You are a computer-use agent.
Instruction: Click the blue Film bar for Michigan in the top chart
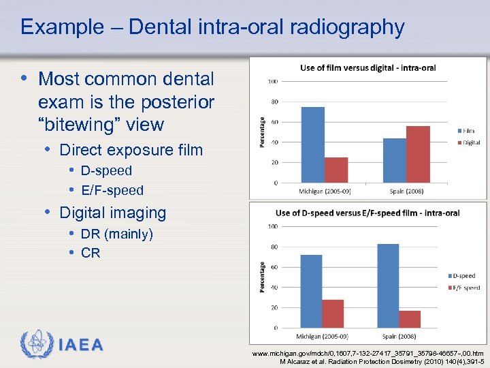313,144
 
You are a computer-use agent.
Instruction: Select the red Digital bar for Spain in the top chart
418,154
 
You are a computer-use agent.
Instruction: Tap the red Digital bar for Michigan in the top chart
336,170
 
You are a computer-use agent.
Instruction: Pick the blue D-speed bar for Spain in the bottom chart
387,286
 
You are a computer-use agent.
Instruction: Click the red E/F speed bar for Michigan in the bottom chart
333,313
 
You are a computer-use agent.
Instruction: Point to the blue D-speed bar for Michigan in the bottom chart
311,291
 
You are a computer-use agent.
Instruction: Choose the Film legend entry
468,131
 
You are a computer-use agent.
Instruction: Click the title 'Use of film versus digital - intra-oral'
367,67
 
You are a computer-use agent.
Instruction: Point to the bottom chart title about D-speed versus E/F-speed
367,213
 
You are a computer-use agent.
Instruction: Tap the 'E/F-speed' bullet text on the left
112,190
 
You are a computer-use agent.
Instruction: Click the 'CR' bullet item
91,253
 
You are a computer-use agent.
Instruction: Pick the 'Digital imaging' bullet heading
113,213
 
